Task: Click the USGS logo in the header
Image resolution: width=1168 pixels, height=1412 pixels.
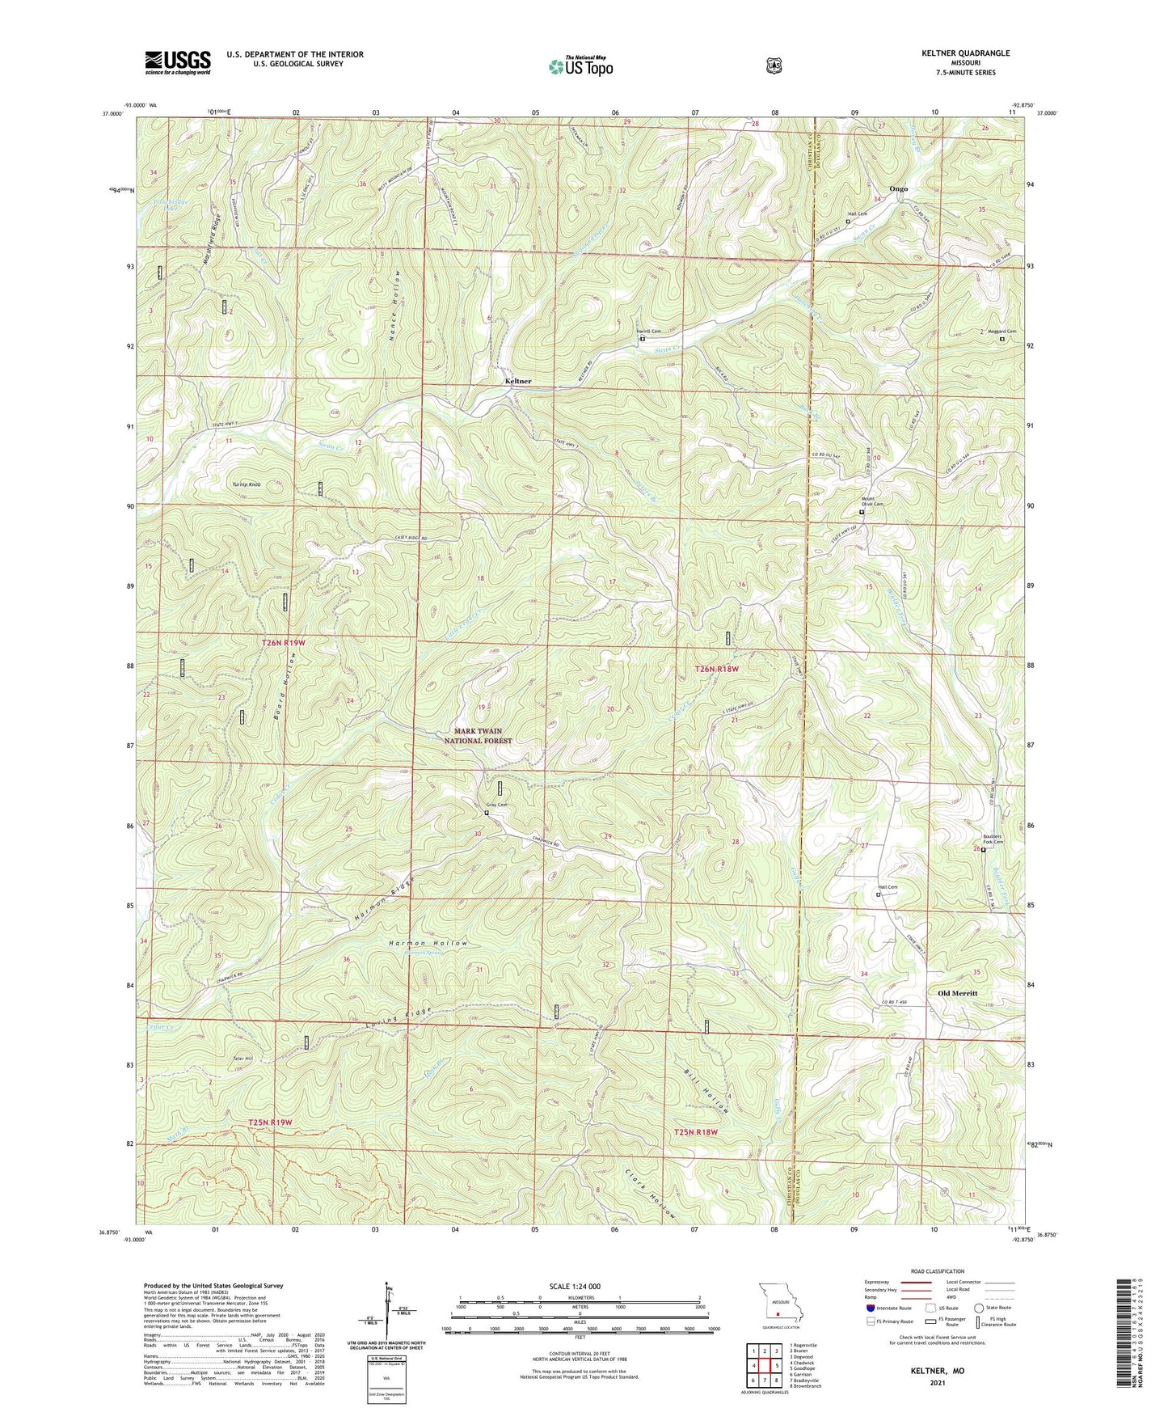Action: point(178,62)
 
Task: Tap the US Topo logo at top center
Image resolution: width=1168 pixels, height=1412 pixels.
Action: point(580,66)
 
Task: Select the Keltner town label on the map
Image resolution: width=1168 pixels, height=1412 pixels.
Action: point(518,381)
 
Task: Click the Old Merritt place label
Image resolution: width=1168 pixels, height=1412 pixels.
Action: point(958,992)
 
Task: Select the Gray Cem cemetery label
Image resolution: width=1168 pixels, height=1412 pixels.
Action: point(495,805)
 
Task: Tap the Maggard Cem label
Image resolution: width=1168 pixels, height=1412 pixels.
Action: point(1001,332)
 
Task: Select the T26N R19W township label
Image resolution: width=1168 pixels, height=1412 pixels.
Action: point(283,642)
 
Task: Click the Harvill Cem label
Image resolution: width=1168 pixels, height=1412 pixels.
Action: point(648,332)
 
